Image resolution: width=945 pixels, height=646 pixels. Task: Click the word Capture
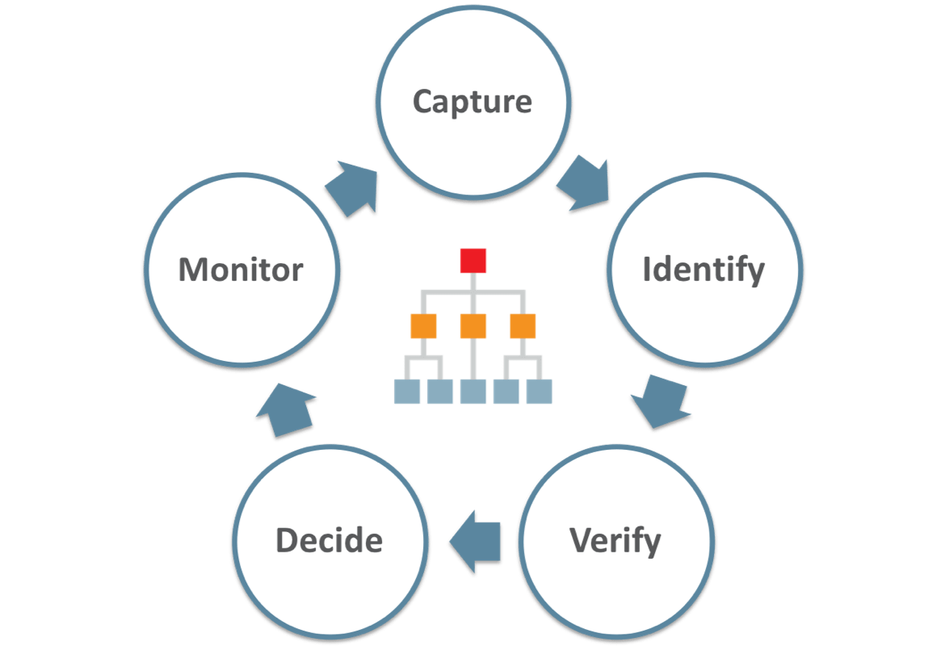coord(472,103)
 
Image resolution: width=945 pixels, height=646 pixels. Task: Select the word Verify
coord(615,540)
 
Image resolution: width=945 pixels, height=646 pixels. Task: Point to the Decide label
coord(329,540)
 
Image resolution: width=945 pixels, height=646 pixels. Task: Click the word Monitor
coord(241,269)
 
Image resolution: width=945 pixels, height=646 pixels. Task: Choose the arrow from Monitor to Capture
coord(352,189)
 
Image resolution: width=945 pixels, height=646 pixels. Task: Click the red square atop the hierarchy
coord(473,261)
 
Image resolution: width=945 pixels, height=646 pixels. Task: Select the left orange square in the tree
coord(423,326)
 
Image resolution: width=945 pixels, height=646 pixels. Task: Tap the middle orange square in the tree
coord(473,326)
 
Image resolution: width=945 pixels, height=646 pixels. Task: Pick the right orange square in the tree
coord(523,326)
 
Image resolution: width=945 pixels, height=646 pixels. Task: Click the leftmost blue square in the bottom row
coord(406,392)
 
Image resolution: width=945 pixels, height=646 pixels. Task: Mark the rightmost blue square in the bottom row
coord(540,392)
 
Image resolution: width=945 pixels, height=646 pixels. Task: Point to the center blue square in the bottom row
coord(473,392)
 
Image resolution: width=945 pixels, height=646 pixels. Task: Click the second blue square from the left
coord(440,392)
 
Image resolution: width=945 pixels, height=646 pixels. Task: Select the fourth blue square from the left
coord(506,392)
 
